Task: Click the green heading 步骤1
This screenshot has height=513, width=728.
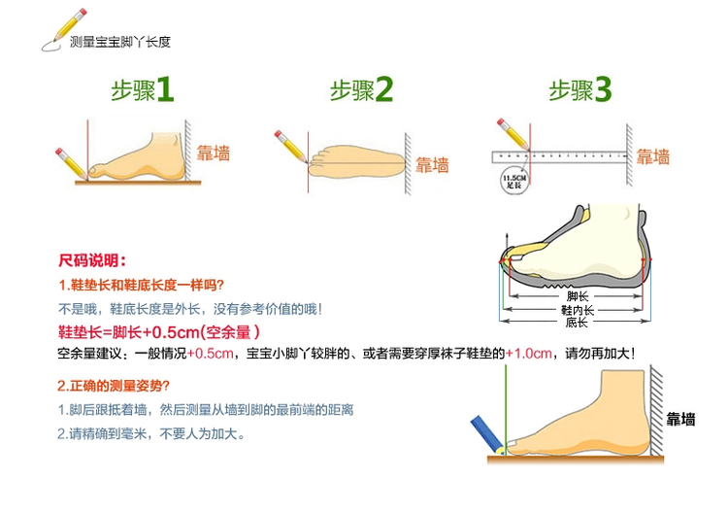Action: pos(141,91)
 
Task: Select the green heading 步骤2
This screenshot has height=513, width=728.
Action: pos(361,91)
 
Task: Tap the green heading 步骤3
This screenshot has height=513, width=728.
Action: pos(580,91)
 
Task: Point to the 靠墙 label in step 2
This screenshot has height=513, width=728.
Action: pos(432,164)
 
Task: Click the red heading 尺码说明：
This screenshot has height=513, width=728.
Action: pos(92,260)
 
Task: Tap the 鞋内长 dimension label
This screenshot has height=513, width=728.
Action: pos(578,309)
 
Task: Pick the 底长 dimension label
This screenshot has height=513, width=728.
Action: pos(578,322)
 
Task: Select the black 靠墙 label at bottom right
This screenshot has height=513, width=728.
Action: pos(680,419)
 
